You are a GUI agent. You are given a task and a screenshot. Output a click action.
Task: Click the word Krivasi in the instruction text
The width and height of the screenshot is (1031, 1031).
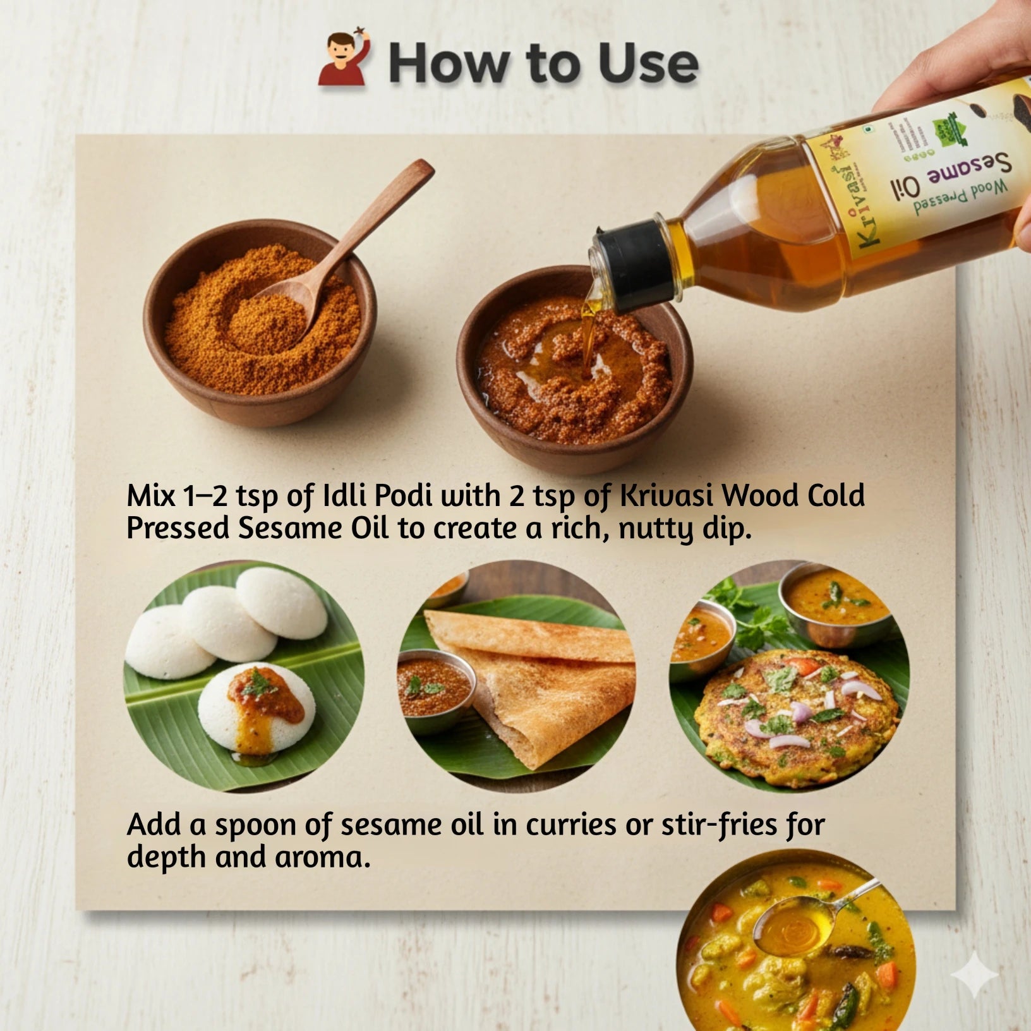click(x=666, y=496)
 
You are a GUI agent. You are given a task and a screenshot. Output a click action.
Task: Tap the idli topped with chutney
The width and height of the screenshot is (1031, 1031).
click(x=256, y=708)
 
